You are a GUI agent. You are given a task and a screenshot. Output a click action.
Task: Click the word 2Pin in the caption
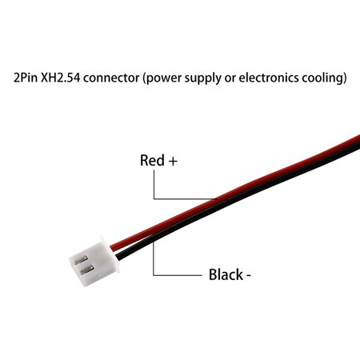coord(26,78)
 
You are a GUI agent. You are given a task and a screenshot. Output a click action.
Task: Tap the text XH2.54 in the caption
coord(61,78)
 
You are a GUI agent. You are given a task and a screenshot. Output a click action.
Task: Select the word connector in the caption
coord(111,78)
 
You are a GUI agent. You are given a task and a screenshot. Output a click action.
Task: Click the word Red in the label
coord(152,160)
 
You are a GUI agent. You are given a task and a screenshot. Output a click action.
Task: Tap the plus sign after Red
coord(173,162)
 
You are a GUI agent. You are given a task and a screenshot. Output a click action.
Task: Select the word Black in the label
coord(226,274)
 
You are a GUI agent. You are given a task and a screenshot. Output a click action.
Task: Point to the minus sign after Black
coord(248,276)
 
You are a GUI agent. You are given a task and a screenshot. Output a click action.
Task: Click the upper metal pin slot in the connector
coord(81,259)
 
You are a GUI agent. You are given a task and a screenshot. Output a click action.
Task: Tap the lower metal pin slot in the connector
coord(87,270)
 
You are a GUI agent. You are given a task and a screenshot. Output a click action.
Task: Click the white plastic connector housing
coord(94,262)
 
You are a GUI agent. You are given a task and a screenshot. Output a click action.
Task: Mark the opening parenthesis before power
coord(145,79)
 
